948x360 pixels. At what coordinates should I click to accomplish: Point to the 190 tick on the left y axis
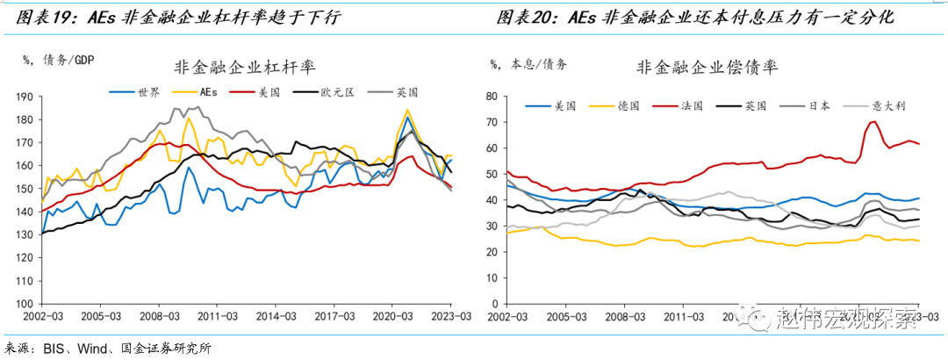click(x=25, y=97)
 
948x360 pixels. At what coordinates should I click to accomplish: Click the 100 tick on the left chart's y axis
click(x=25, y=303)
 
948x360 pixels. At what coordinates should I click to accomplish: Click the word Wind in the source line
click(x=92, y=349)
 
